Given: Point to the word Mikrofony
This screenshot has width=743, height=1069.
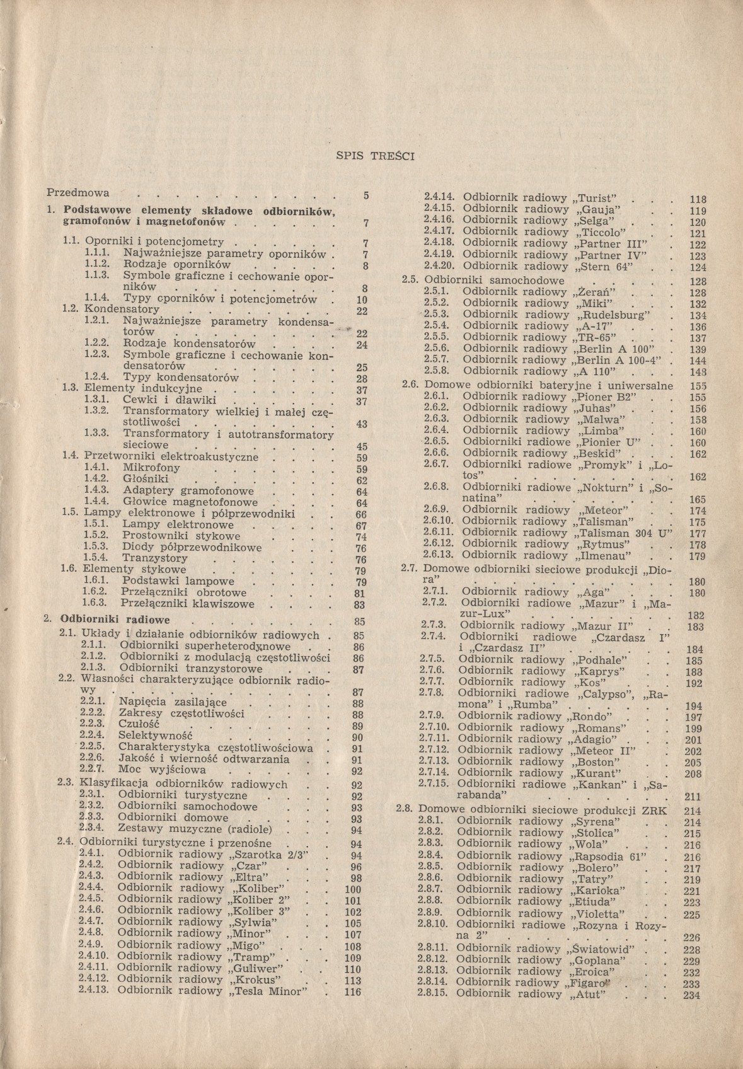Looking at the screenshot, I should click(151, 468).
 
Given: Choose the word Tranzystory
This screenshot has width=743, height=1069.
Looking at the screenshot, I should click(154, 558).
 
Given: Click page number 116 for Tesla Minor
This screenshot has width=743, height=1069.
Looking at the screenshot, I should click(353, 991).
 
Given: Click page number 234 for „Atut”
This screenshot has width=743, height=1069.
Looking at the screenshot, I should click(692, 996).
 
